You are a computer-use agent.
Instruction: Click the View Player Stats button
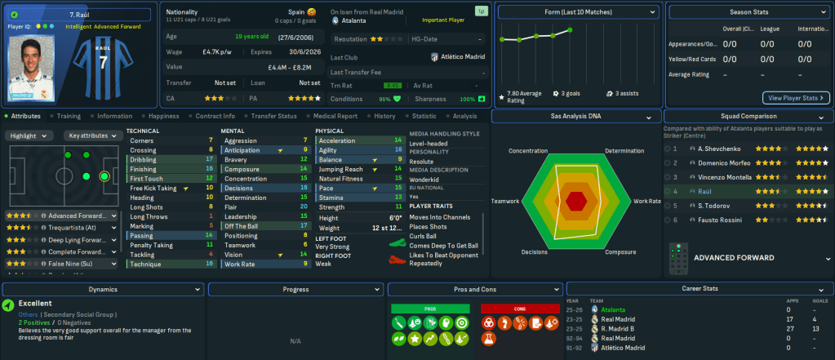[795, 98]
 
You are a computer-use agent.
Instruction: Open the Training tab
[69, 116]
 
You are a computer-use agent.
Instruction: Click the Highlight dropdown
[30, 136]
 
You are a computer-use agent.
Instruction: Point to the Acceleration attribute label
[338, 140]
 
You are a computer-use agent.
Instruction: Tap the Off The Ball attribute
[242, 225]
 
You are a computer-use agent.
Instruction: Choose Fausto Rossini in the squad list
[701, 220]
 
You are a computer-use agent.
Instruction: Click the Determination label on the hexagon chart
[624, 151]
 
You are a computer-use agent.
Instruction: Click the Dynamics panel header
[103, 289]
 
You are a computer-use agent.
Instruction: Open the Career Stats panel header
[699, 289]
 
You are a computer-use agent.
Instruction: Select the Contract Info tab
[215, 116]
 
